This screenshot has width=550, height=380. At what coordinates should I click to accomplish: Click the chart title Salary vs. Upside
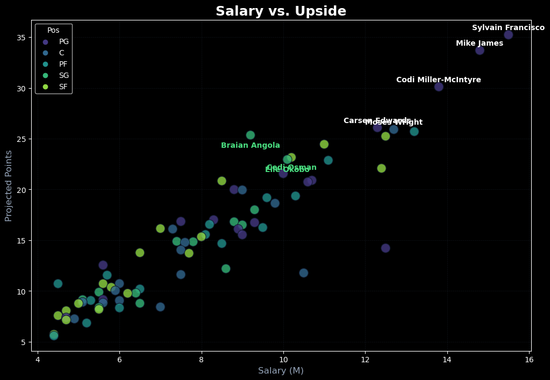pos(281,11)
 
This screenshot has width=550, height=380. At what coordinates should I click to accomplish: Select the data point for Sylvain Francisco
pos(508,35)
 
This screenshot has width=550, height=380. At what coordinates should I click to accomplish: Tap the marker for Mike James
pos(480,51)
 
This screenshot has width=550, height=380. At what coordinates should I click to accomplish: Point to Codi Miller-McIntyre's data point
pos(439,87)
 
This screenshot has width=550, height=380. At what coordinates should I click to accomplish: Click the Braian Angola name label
pos(251,146)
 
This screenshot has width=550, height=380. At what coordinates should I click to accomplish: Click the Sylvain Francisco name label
pos(508,28)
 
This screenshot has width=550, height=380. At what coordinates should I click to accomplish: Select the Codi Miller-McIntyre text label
pos(439,80)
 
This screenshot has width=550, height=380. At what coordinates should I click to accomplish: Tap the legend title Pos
pos(53,31)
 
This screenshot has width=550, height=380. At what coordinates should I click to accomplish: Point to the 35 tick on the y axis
pos(22,38)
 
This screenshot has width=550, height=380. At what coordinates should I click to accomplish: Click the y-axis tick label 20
pos(22,190)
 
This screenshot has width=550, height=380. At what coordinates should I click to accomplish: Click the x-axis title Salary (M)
pos(281,371)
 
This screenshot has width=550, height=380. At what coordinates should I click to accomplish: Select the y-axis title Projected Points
pos(9,185)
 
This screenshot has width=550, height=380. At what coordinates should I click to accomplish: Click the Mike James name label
pos(480,44)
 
